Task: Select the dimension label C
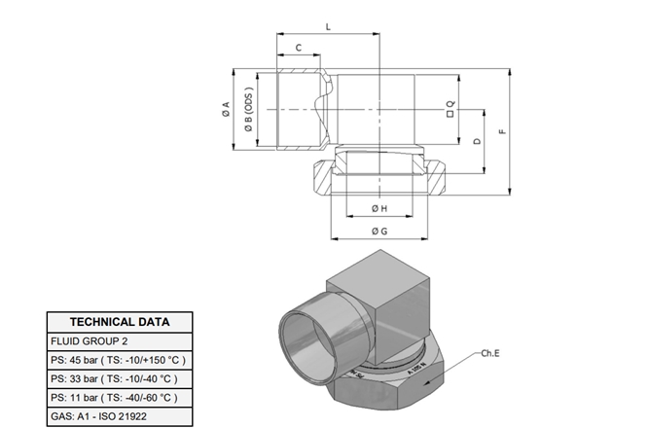299,47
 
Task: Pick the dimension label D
477,142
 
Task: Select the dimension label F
501,131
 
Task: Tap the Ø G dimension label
379,232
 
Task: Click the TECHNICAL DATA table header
120,322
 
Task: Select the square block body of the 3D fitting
389,292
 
